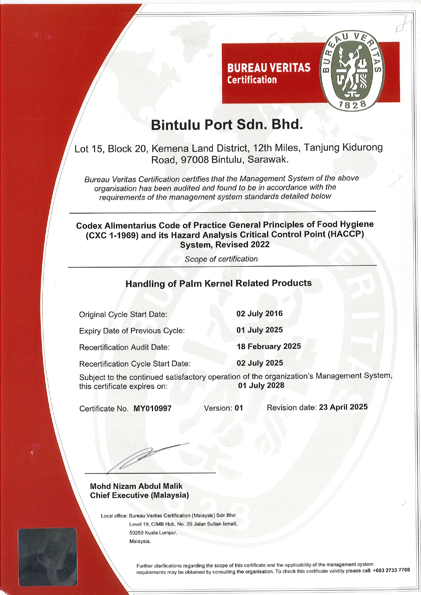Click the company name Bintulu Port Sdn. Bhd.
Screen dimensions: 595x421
point(226,125)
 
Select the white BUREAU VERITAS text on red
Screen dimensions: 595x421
point(269,68)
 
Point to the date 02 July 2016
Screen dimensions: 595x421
point(260,314)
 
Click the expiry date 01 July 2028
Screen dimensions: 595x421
point(261,385)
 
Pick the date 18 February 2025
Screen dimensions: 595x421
point(269,346)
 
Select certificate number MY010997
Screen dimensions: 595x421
point(152,409)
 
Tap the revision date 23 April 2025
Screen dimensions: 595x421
point(343,407)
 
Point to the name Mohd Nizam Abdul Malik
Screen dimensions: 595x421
point(136,486)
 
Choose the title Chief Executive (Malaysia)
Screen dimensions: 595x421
point(139,495)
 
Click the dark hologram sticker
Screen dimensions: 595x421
point(47,557)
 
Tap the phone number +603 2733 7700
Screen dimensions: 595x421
point(391,570)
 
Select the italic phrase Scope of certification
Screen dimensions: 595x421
point(221,259)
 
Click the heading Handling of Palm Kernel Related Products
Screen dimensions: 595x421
point(218,283)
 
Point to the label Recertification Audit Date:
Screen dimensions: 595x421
point(124,348)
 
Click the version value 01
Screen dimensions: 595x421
point(239,408)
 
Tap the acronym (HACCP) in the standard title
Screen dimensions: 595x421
point(346,234)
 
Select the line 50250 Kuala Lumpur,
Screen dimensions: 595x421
point(153,533)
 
